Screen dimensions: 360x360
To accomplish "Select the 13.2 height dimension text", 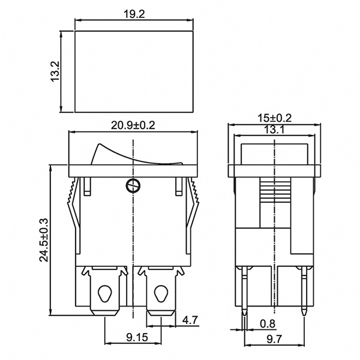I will (x=54, y=72).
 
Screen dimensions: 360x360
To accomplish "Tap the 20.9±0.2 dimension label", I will (x=133, y=125).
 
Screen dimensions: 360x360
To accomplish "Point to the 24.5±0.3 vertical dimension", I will (x=43, y=240).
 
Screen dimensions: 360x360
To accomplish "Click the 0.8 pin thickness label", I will (x=267, y=325).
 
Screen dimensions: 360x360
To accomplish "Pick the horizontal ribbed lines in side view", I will (x=274, y=193).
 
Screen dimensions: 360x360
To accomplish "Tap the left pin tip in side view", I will (x=245, y=313).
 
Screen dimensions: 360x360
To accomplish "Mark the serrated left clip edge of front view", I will (x=71, y=198).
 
